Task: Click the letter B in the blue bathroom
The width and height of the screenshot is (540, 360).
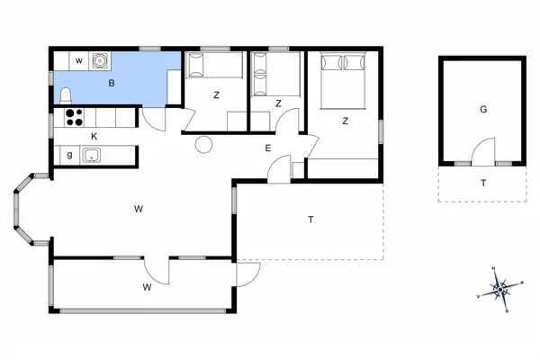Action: coord(112,84)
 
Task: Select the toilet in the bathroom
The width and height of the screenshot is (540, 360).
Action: coord(66,95)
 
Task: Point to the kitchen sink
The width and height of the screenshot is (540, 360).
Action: coord(91,156)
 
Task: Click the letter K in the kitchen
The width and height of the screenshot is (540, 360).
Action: coord(94,136)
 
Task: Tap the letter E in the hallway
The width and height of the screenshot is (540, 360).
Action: coord(267,148)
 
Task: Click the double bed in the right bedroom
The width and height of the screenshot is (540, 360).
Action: coord(342,76)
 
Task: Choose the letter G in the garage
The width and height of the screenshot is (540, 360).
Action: coord(482,109)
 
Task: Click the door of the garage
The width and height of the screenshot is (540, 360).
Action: coord(483,153)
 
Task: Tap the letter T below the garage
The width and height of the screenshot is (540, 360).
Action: coord(483,183)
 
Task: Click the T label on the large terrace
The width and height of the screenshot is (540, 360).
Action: coord(310,220)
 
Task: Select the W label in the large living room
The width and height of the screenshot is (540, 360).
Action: coord(139,209)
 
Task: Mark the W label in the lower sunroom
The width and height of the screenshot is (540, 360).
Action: coord(147,288)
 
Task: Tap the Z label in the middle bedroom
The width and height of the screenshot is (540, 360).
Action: coord(279,103)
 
